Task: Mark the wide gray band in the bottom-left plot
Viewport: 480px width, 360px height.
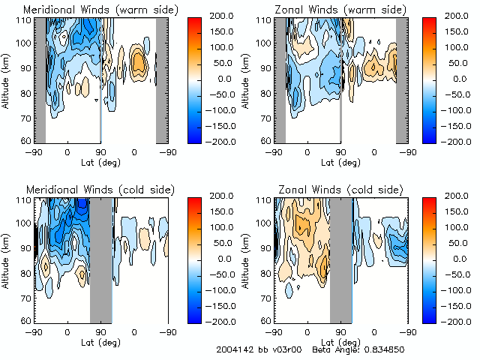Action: pos(100,259)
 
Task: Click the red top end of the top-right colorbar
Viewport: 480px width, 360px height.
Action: pos(430,22)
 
